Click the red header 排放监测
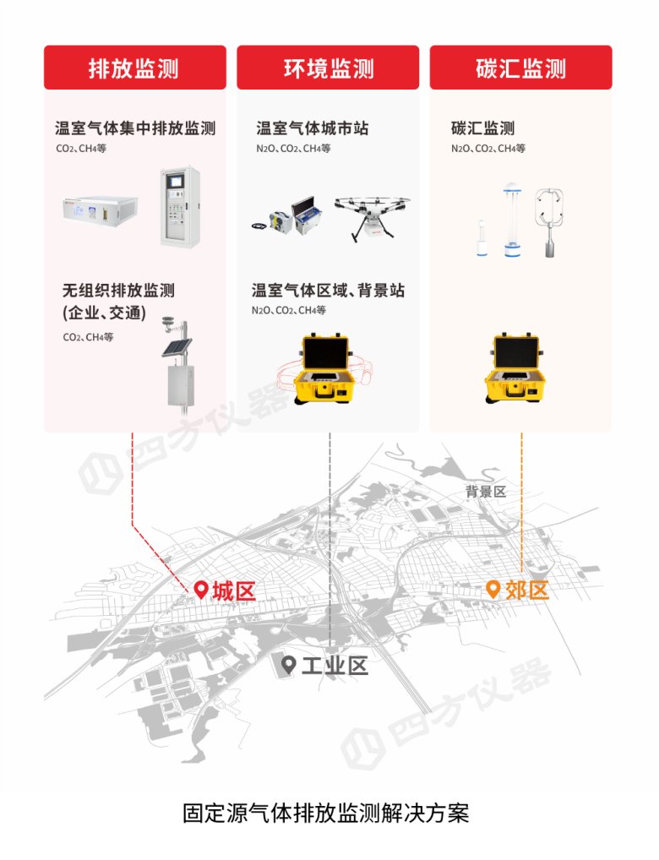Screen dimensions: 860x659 click(x=134, y=68)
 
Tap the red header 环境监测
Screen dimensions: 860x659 click(x=328, y=68)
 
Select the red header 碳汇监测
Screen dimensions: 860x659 click(x=520, y=68)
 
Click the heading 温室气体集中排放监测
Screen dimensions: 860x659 click(x=135, y=128)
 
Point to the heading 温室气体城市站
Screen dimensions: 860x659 click(x=312, y=128)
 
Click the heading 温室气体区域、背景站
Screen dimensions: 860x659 click(x=328, y=291)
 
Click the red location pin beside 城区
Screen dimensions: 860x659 click(x=201, y=590)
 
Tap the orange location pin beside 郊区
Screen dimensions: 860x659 click(x=493, y=589)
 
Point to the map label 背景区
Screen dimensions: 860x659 click(x=485, y=492)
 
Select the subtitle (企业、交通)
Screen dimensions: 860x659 click(x=104, y=313)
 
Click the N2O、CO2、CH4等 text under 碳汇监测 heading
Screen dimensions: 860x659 click(x=487, y=149)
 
